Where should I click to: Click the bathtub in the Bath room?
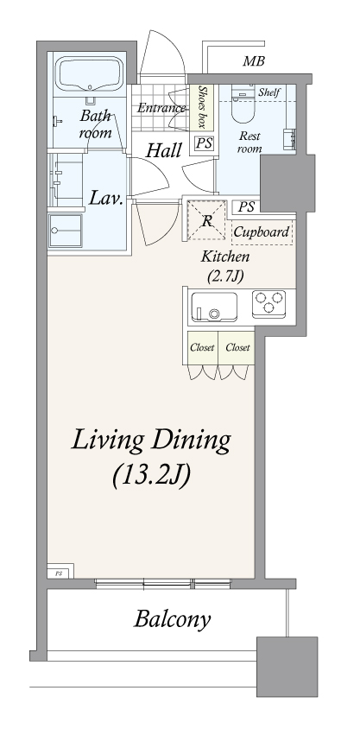click(x=90, y=74)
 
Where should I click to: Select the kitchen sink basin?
click(x=214, y=307)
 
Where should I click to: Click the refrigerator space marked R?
click(x=206, y=220)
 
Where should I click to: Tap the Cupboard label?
click(x=261, y=232)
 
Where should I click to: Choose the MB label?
click(x=254, y=61)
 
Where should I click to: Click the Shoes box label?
click(x=202, y=107)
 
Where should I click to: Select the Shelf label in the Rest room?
click(x=269, y=92)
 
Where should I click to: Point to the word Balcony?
click(x=172, y=619)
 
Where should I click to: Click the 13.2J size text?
click(x=151, y=475)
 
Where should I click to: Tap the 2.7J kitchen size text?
click(x=225, y=276)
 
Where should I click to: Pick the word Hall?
click(x=163, y=150)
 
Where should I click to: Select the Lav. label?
click(x=106, y=199)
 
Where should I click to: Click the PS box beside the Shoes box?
click(x=204, y=143)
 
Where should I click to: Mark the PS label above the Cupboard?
click(x=246, y=206)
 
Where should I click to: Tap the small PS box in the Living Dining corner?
click(x=59, y=573)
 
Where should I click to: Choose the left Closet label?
click(x=202, y=347)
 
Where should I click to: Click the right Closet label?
click(x=237, y=347)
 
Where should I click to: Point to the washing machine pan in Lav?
click(x=66, y=231)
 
